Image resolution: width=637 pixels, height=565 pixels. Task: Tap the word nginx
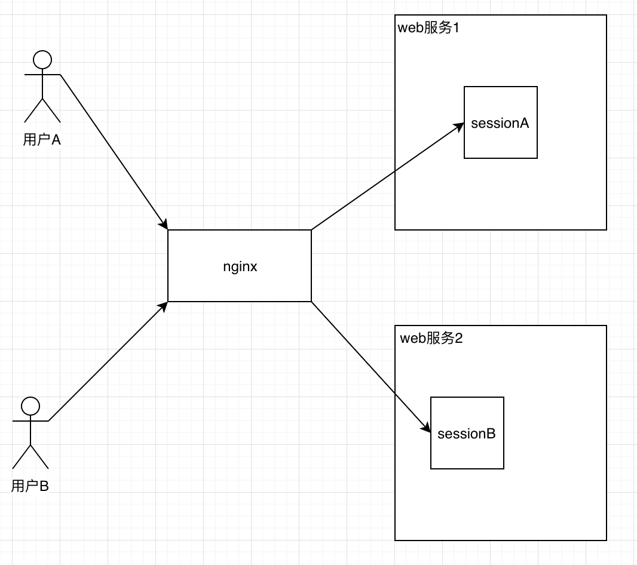pyautogui.click(x=240, y=266)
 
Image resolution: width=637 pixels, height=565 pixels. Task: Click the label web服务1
pyautogui.click(x=428, y=28)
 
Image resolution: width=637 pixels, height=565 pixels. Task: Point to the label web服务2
pyautogui.click(x=431, y=339)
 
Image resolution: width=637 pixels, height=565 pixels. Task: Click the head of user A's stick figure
pyautogui.click(x=42, y=60)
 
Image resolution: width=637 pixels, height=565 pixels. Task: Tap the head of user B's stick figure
pyautogui.click(x=30, y=406)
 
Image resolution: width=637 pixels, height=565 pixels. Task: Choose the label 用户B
pyautogui.click(x=30, y=486)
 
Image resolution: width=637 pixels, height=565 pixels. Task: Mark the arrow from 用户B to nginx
pyautogui.click(x=108, y=361)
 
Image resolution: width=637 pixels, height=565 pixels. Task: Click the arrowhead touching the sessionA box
pyautogui.click(x=460, y=126)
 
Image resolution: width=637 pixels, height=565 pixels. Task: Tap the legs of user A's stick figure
pyautogui.click(x=42, y=110)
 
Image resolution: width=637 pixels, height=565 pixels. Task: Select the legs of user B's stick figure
pyautogui.click(x=30, y=457)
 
